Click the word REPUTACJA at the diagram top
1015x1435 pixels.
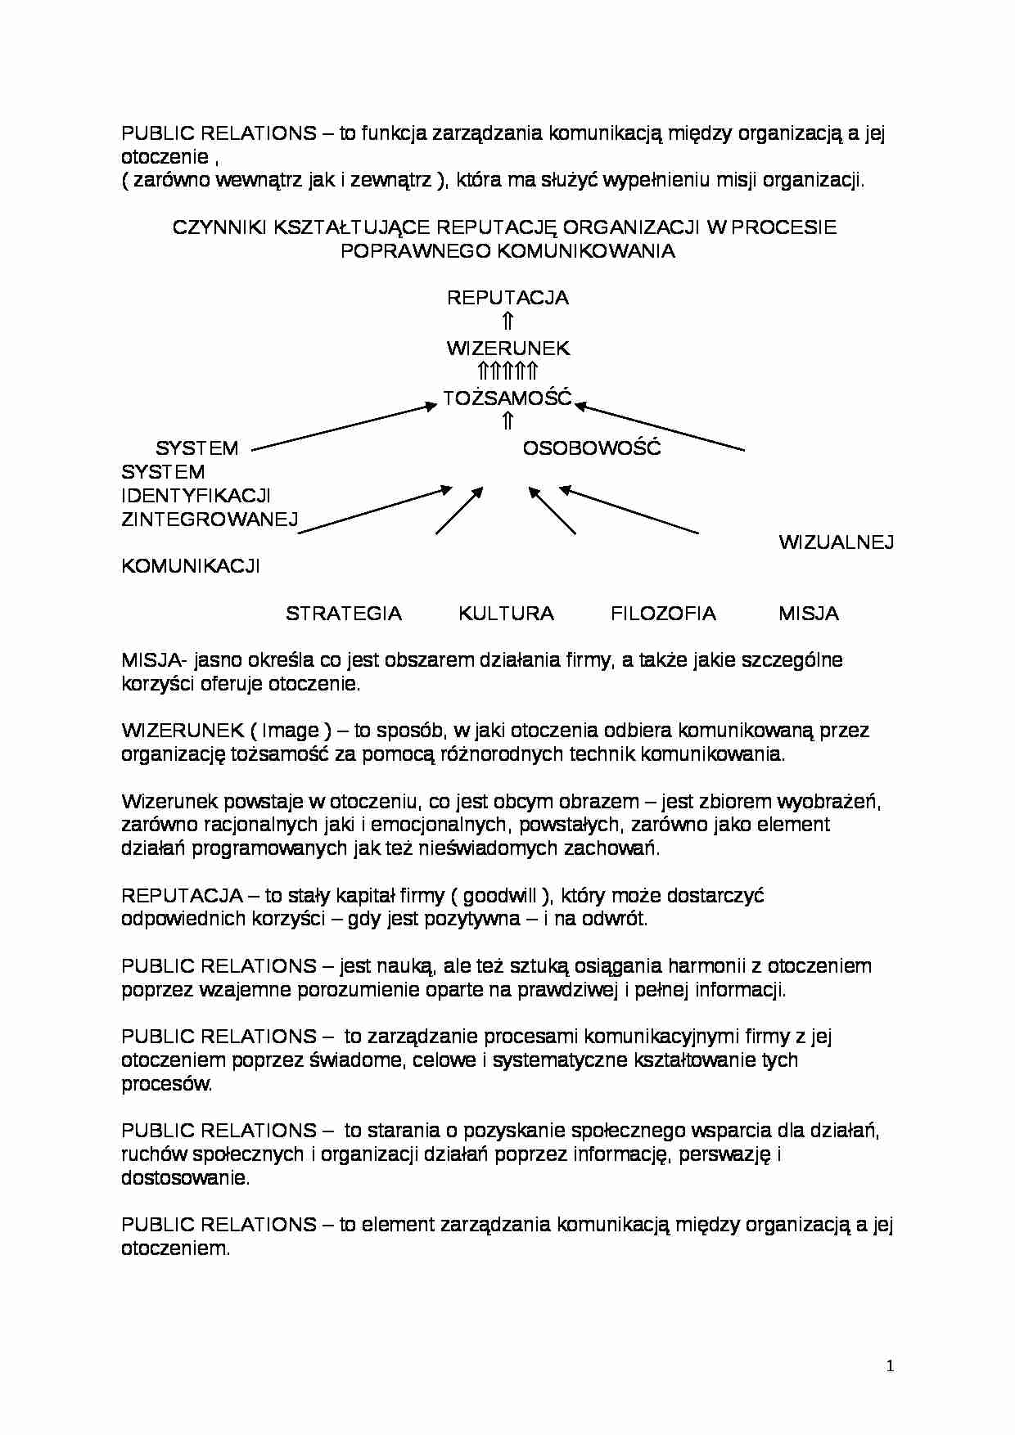click(508, 298)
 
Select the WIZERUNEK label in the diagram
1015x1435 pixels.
click(508, 349)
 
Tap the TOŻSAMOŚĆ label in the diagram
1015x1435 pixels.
click(508, 398)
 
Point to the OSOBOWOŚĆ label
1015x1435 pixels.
click(591, 448)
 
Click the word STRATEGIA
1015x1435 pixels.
click(344, 614)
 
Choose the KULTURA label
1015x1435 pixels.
click(506, 614)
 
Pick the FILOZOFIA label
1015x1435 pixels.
click(663, 614)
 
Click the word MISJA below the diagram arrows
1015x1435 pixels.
click(809, 614)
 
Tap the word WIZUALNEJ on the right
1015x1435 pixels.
click(836, 542)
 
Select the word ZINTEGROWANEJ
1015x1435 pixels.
click(210, 520)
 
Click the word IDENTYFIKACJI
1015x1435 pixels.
click(196, 496)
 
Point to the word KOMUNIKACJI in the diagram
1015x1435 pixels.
click(191, 566)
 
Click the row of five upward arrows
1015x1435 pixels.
click(508, 372)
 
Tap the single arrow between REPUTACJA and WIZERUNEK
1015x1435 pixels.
click(508, 322)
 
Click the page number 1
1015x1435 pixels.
click(891, 1365)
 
